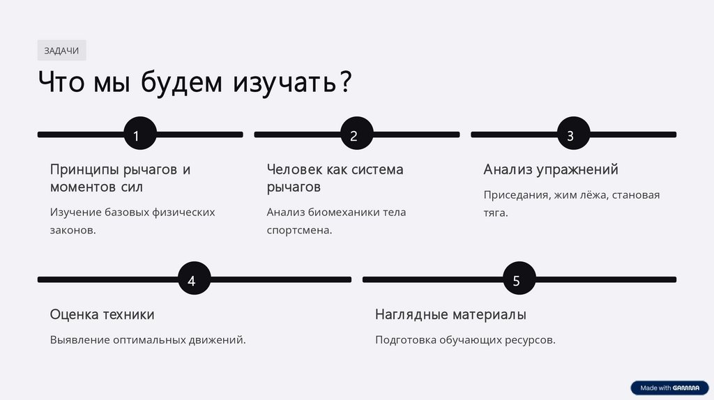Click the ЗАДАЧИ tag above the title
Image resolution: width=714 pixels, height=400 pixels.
(x=61, y=50)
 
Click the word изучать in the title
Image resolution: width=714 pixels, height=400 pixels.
(x=283, y=83)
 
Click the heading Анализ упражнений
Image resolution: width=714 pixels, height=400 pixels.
(x=551, y=169)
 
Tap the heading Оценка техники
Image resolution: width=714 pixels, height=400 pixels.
(x=102, y=314)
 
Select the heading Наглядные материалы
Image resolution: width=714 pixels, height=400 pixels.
(x=450, y=314)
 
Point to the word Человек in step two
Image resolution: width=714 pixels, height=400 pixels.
(x=294, y=169)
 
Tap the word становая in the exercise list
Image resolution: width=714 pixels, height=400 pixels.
(x=637, y=195)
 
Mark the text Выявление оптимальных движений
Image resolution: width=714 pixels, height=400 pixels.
(x=148, y=340)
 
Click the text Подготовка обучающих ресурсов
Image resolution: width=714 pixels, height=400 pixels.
(x=465, y=340)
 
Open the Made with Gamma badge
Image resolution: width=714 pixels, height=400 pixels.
(x=669, y=388)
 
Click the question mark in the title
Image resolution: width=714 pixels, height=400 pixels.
(x=344, y=83)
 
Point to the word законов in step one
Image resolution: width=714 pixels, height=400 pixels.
(x=73, y=230)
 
